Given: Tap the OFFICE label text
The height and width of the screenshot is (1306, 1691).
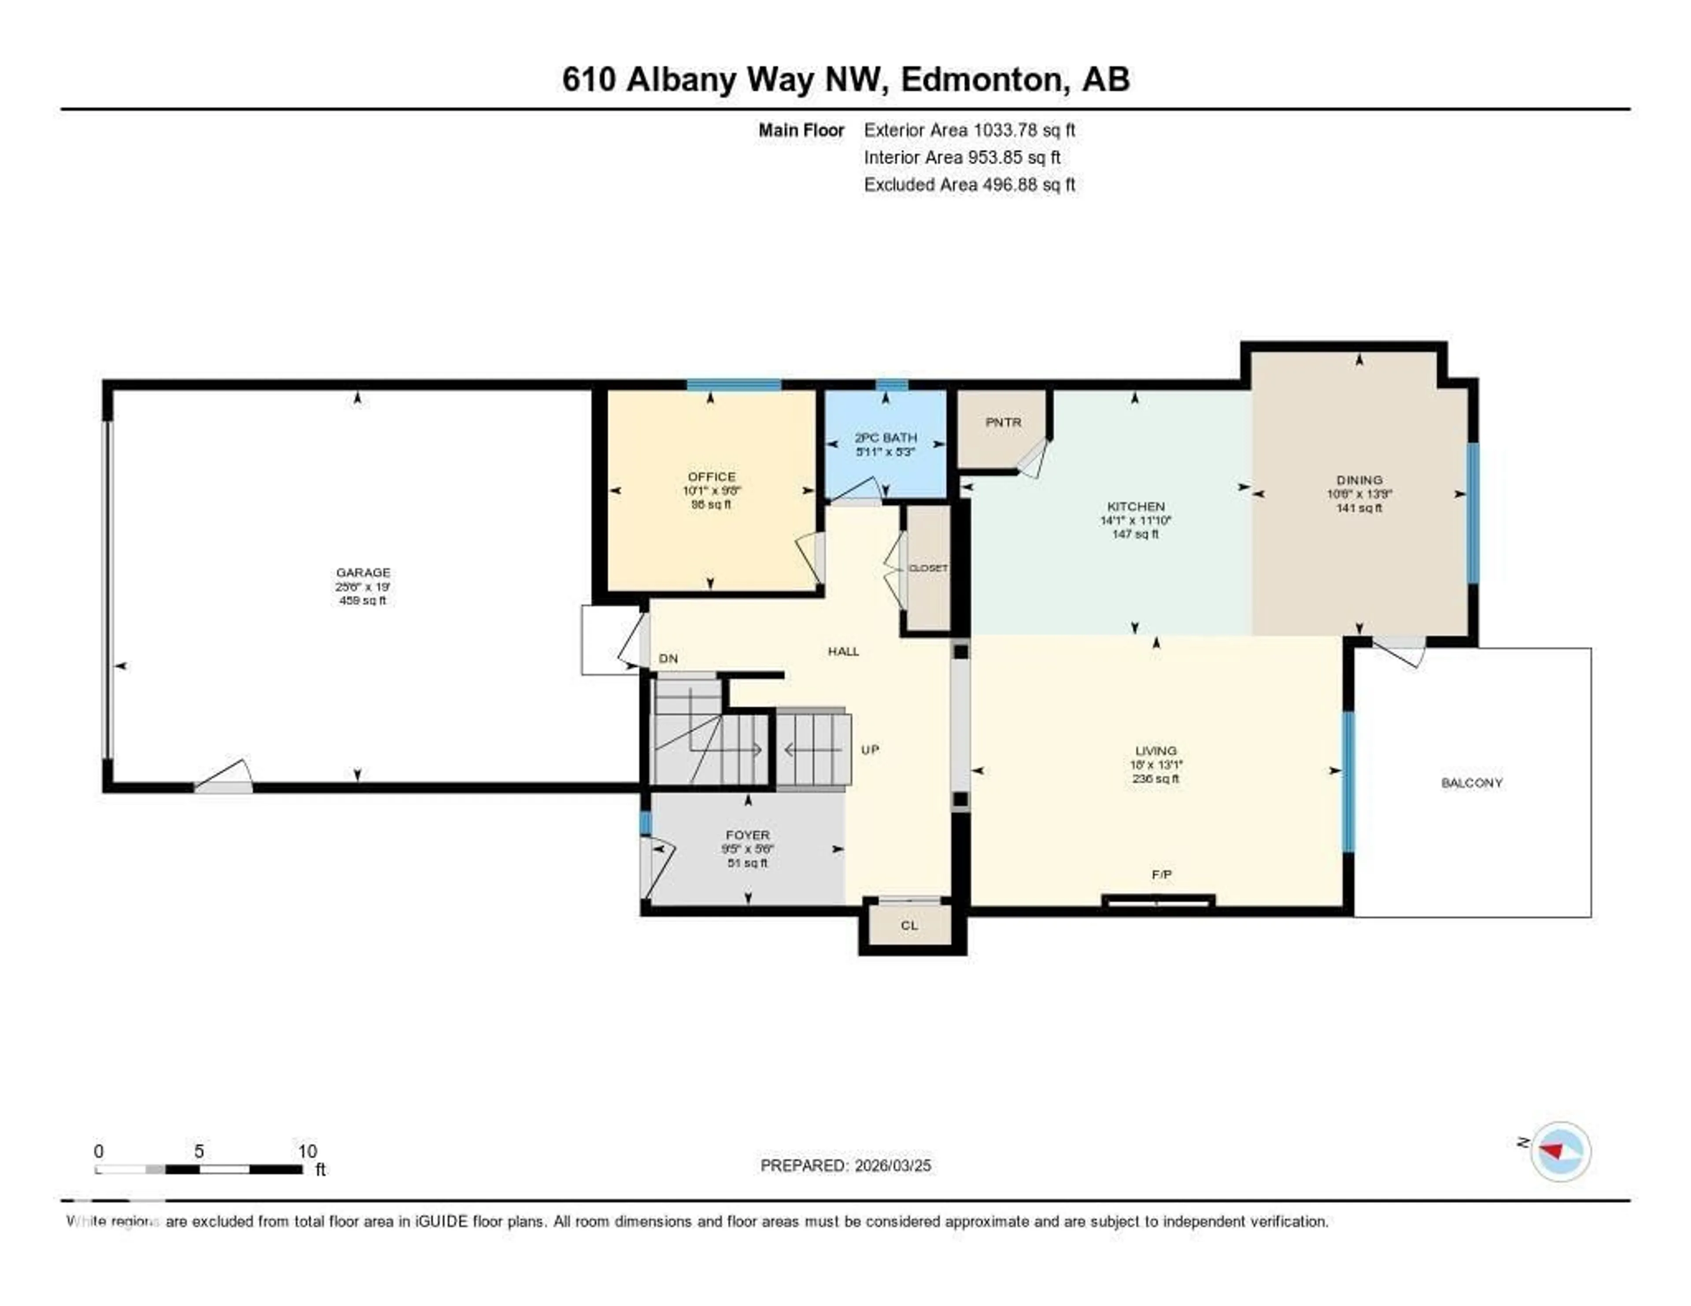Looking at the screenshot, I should pyautogui.click(x=711, y=476).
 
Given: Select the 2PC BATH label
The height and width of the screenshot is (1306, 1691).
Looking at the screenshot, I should pyautogui.click(x=885, y=437).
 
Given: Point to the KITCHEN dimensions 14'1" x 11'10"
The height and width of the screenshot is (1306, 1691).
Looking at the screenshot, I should pyautogui.click(x=1135, y=520).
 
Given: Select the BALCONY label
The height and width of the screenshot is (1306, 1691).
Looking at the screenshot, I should pyautogui.click(x=1471, y=782).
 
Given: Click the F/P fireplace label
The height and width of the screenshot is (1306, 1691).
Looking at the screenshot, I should pyautogui.click(x=1161, y=874).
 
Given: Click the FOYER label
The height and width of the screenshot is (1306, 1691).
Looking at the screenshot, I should pyautogui.click(x=747, y=834).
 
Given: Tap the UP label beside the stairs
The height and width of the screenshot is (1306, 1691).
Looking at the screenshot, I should pyautogui.click(x=870, y=749).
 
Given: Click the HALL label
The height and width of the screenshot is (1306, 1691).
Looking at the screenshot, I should pyautogui.click(x=843, y=651).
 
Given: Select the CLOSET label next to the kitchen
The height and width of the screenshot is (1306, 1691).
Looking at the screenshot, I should pyautogui.click(x=927, y=568).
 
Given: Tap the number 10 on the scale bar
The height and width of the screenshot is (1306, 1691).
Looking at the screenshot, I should pyautogui.click(x=307, y=1151).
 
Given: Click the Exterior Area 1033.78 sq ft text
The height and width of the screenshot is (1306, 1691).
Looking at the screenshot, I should pyautogui.click(x=969, y=130).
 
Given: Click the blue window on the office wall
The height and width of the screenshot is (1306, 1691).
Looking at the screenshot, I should pyautogui.click(x=733, y=385).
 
